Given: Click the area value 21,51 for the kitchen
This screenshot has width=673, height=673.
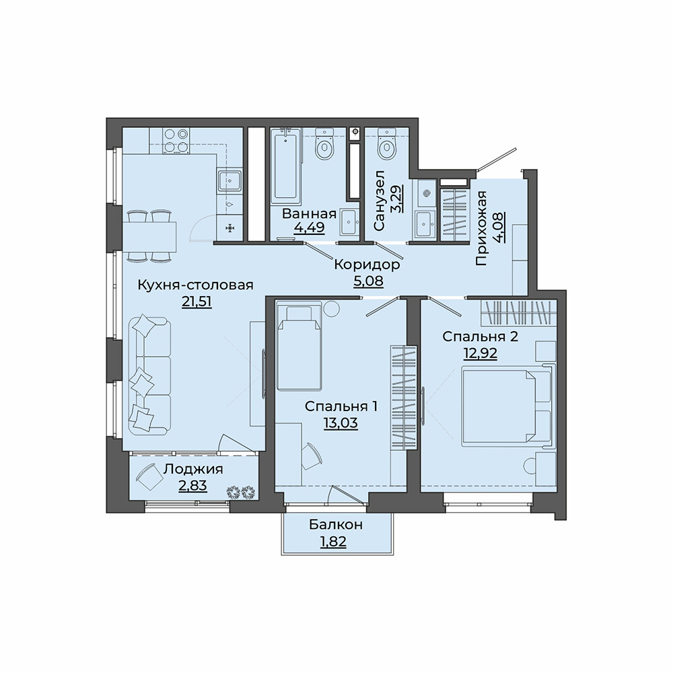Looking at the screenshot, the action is [x=197, y=302].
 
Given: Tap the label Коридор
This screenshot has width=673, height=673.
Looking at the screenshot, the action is [x=367, y=264].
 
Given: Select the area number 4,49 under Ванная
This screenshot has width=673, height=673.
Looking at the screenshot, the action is [x=309, y=226].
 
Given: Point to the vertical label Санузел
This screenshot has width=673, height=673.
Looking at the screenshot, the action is [x=380, y=201].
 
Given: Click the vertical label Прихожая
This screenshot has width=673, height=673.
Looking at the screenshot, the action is [x=482, y=228].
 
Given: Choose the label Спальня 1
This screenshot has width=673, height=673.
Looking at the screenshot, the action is [x=341, y=406].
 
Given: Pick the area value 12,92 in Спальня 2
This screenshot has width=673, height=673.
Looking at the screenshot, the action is [x=481, y=353].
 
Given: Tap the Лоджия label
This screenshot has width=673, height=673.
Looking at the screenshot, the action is [x=193, y=469].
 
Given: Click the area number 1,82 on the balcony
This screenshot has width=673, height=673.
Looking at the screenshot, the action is [x=333, y=542].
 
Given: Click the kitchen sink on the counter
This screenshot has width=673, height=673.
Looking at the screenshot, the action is [x=230, y=180].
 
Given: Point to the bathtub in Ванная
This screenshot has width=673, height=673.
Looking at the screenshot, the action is [x=286, y=168].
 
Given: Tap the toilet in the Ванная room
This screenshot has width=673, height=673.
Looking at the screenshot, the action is [x=324, y=145].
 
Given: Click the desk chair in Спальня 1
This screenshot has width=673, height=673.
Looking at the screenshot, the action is [x=311, y=456].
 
